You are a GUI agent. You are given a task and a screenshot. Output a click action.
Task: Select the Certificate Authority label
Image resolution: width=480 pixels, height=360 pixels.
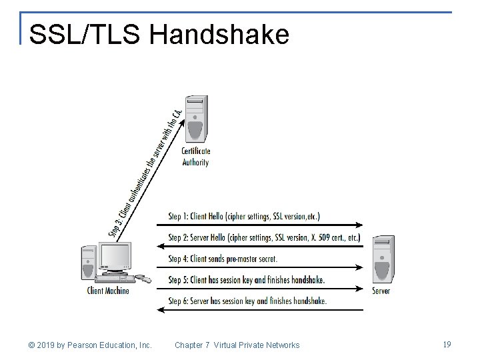196,156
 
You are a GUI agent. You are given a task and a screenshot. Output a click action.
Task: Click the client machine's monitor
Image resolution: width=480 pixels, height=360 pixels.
115,257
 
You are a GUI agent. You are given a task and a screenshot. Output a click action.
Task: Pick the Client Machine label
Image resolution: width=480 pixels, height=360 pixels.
108,290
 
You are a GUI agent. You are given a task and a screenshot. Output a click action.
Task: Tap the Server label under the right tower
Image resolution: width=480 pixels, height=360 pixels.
381,291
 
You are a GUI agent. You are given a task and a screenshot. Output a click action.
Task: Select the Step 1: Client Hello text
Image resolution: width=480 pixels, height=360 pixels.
243,216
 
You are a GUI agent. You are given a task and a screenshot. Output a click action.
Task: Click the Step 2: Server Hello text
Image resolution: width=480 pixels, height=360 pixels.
264,237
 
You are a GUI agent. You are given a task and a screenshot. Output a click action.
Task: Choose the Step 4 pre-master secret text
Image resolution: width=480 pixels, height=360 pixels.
223,259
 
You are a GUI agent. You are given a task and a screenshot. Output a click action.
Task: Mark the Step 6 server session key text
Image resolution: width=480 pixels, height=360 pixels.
247,301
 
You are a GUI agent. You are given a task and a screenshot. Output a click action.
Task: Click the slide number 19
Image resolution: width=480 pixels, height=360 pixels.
447,344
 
